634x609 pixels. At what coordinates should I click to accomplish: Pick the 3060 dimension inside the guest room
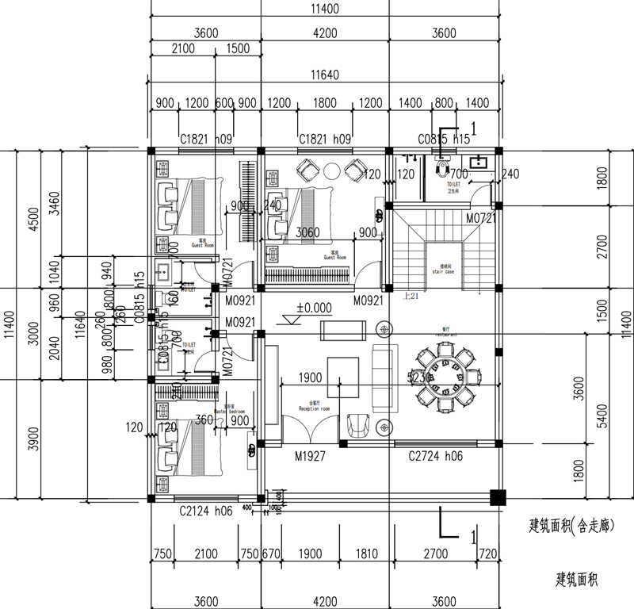pos(307,233)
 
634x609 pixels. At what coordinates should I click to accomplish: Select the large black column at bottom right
pos(498,498)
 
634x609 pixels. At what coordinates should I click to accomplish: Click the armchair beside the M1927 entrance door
pos(359,424)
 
